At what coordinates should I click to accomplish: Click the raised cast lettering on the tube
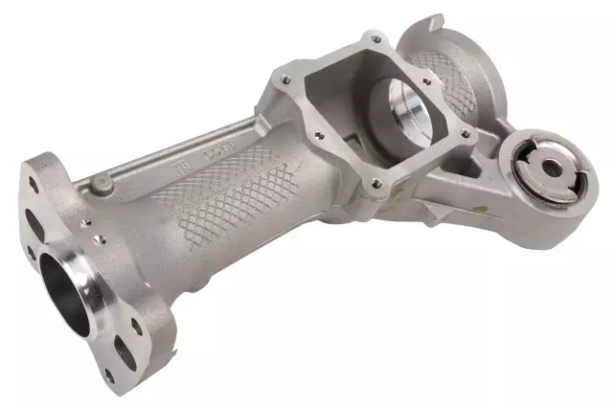click(x=223, y=152)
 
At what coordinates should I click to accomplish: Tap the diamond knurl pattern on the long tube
click(x=230, y=196)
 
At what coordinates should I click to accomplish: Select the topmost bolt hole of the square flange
click(x=375, y=39)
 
